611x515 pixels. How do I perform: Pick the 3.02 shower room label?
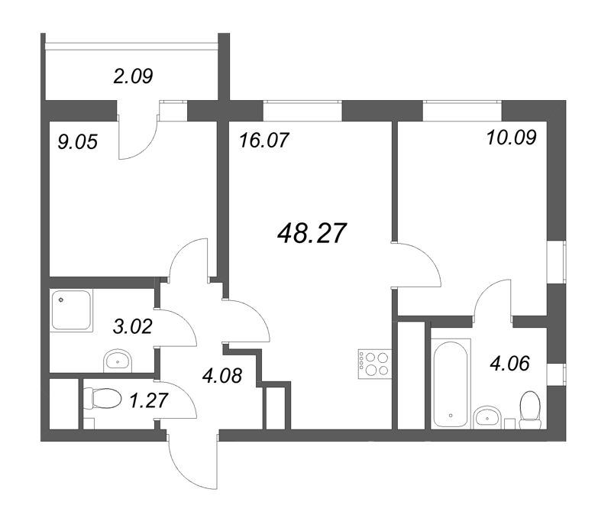(x=132, y=329)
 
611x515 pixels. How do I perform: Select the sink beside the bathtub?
(x=487, y=416)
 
